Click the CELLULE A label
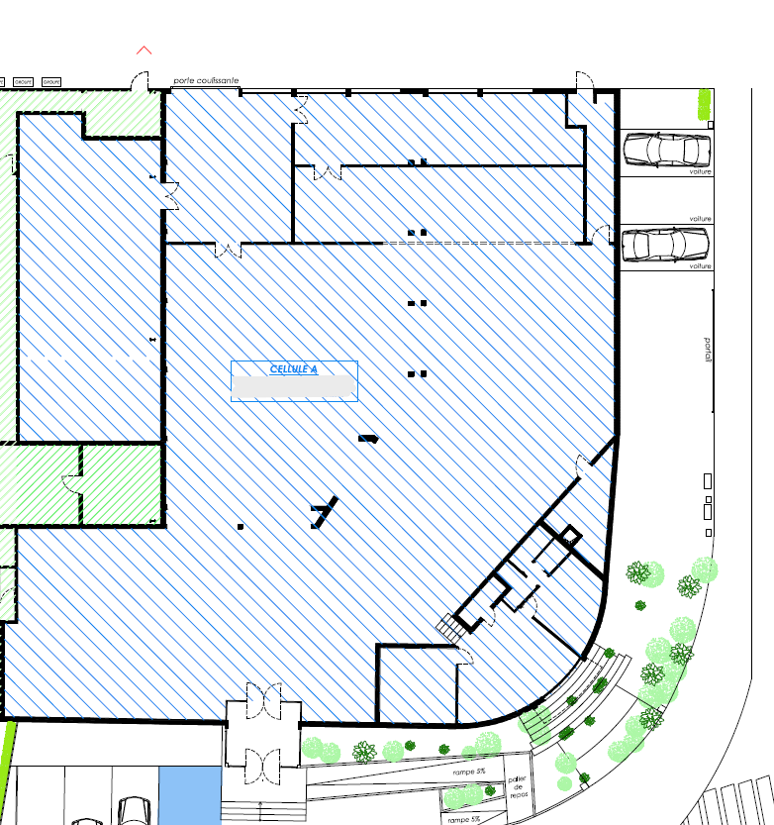click(294, 369)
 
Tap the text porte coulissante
click(206, 81)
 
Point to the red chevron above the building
click(145, 50)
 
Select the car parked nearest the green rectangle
click(666, 150)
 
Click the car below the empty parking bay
click(666, 245)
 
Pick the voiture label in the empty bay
click(701, 218)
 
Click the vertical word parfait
click(708, 352)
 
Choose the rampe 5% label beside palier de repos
click(469, 771)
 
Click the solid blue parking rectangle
click(188, 794)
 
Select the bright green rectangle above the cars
click(705, 103)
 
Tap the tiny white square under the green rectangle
click(712, 124)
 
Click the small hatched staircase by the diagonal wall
click(451, 627)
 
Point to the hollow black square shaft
click(569, 537)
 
